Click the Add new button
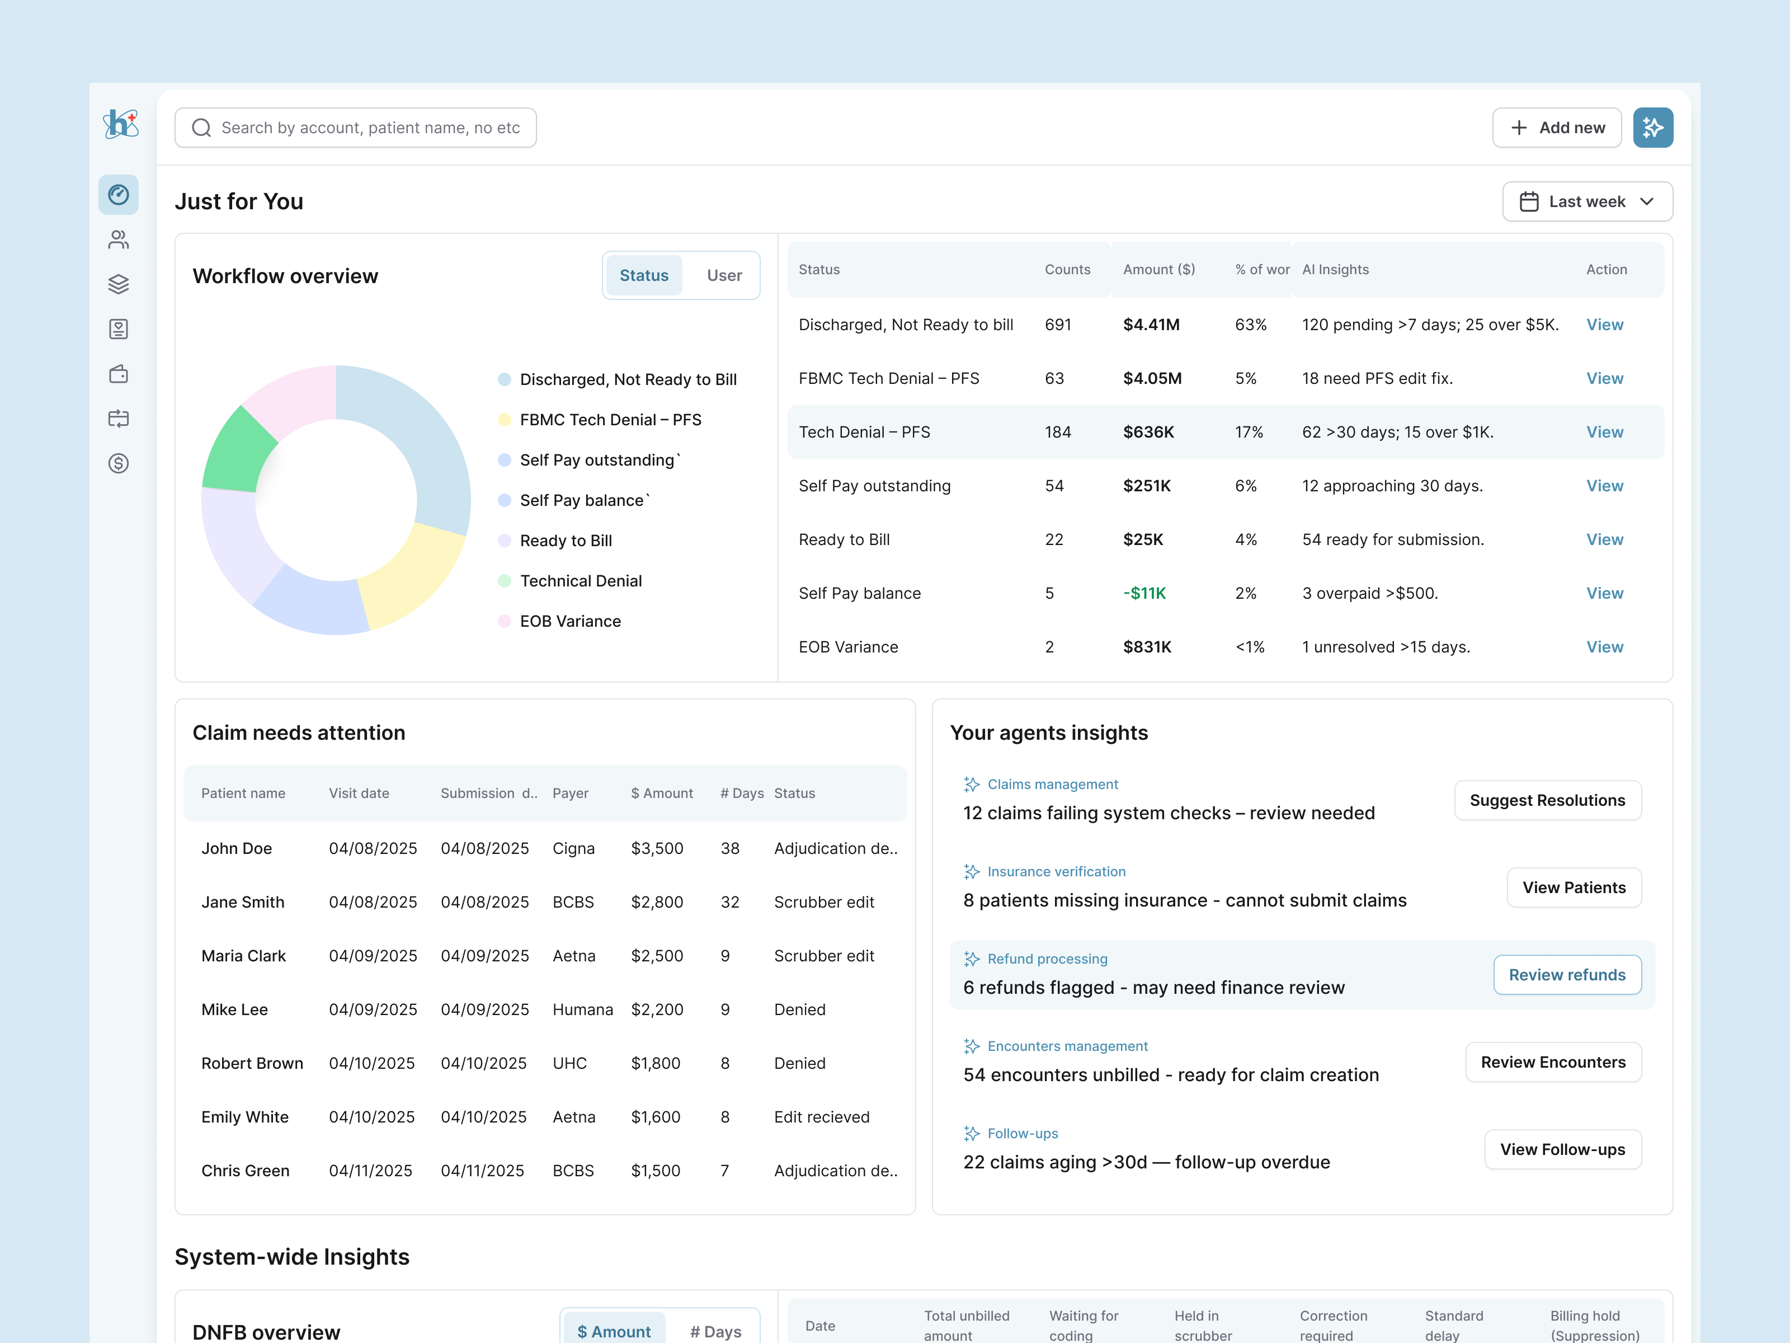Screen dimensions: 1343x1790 (x=1556, y=128)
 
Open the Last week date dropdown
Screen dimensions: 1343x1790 (x=1587, y=201)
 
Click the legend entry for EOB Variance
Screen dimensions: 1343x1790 (x=569, y=621)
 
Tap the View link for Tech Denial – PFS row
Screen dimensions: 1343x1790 (x=1604, y=433)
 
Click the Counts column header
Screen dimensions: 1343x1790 (x=1067, y=270)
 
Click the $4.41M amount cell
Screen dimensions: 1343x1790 (x=1151, y=325)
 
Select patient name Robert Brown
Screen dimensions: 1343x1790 (x=252, y=1063)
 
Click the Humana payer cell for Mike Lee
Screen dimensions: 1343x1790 (x=582, y=1009)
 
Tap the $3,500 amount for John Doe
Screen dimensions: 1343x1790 (x=656, y=848)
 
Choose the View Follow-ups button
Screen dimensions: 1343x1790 (x=1562, y=1149)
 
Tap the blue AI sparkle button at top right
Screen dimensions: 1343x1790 (x=1652, y=128)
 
